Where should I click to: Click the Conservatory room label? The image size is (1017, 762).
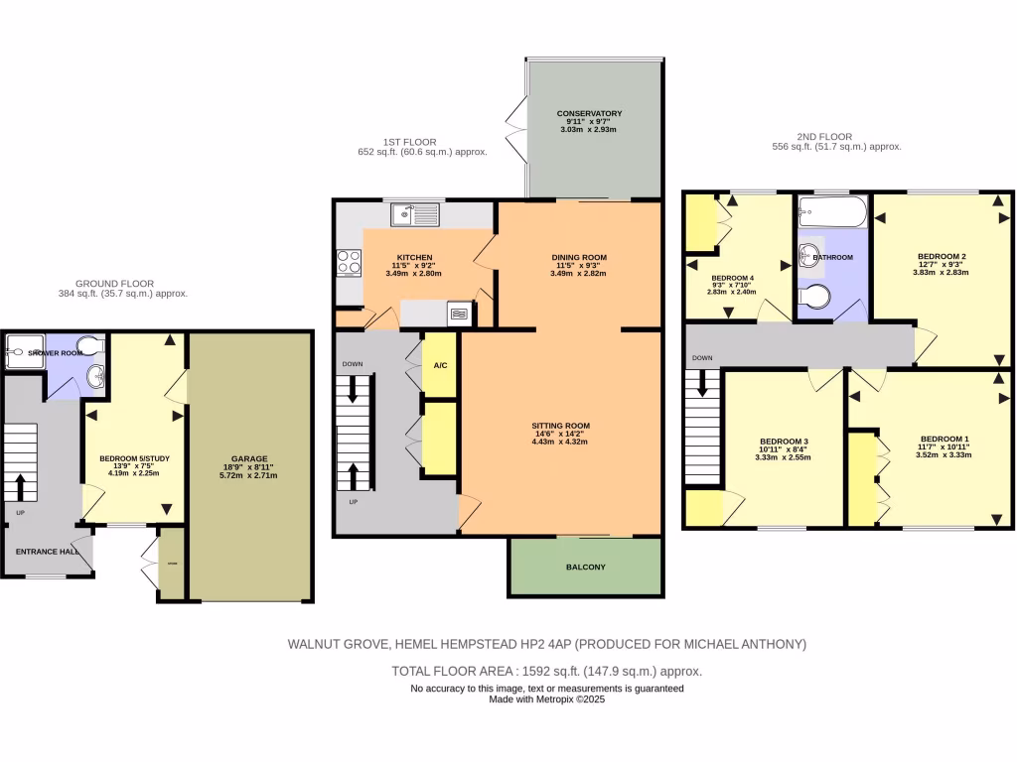pos(589,113)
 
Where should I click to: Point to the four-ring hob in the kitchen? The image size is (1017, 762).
pos(350,262)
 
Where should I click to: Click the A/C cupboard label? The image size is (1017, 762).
pos(440,365)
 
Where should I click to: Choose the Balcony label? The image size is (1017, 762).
pos(586,568)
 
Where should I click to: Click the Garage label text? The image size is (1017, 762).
pos(249,458)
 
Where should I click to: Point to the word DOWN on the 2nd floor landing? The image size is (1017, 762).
pos(702,357)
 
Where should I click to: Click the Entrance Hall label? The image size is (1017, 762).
pos(47,552)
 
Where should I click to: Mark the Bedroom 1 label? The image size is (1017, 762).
pos(944,439)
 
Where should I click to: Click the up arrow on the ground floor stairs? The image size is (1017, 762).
pos(21,486)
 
